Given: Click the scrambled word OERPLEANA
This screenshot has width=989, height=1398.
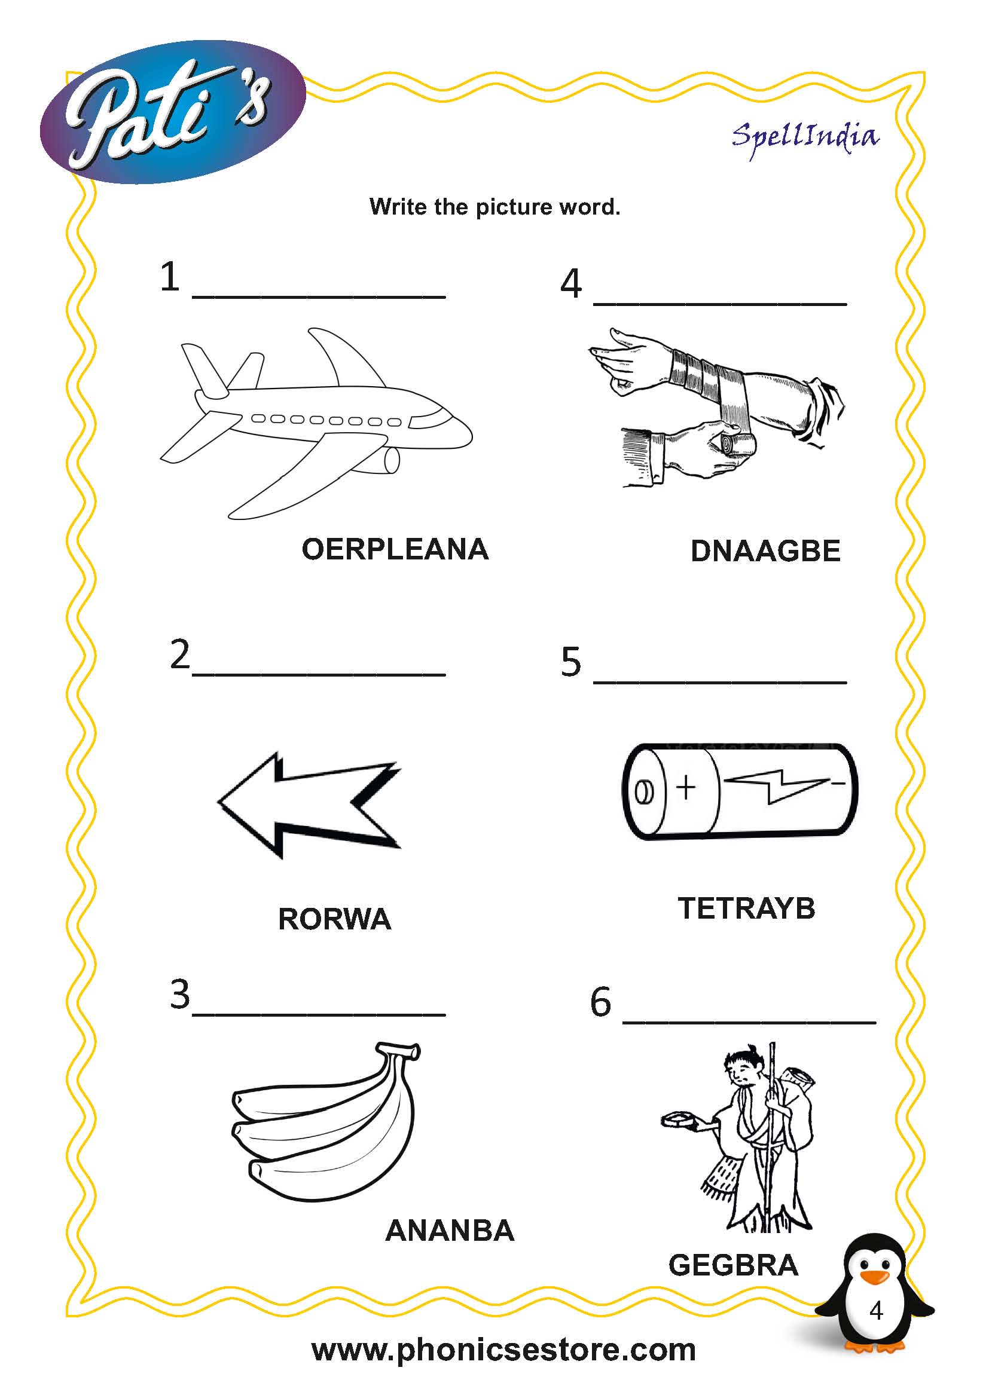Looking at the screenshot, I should coord(395,549).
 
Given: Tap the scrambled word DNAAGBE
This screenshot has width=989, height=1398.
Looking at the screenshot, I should coord(765,551).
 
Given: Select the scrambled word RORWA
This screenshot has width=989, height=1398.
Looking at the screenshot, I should coord(334,919).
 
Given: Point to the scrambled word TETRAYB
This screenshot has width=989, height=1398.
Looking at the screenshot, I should coord(746,908).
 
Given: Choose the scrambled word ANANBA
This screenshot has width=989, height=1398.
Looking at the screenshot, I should coord(450,1231).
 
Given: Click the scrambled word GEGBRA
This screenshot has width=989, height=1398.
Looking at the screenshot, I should coord(733,1265).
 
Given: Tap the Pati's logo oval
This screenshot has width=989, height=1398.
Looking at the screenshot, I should coord(172,113).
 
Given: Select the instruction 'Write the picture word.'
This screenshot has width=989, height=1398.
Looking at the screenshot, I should coord(494,207).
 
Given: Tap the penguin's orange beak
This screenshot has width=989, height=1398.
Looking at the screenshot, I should coord(876,1277).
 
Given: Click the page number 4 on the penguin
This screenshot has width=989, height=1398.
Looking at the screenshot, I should coord(876,1310).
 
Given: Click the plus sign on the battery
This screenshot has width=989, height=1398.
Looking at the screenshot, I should coord(686,787).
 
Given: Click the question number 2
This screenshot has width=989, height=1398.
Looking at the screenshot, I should coord(179,654).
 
